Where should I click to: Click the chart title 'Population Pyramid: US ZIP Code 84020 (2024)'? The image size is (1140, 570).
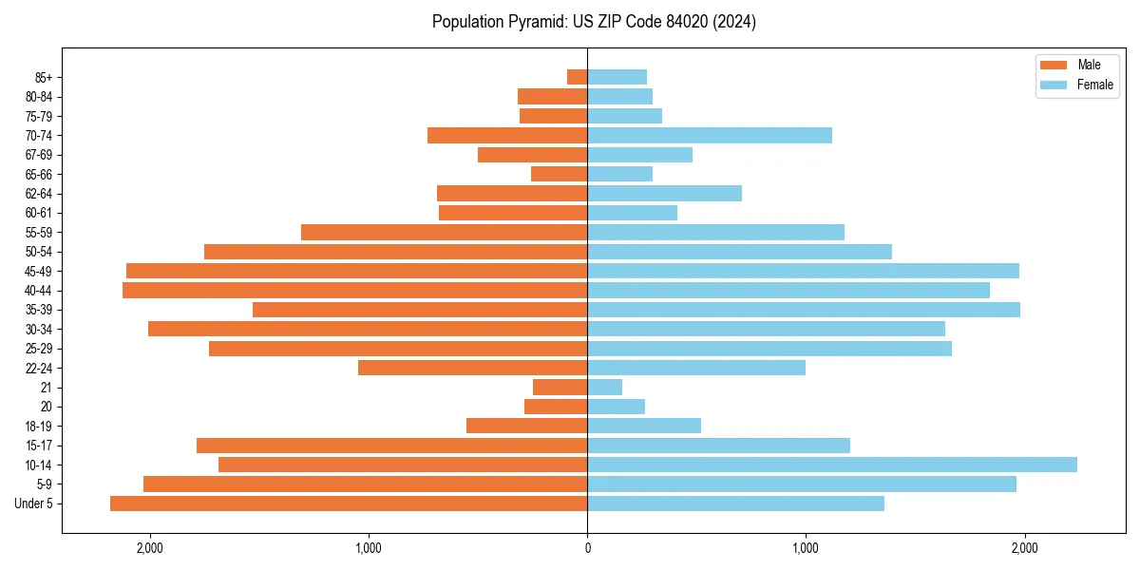594,22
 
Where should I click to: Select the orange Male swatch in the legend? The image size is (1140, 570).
1054,65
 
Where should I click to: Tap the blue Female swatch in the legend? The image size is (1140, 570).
1054,85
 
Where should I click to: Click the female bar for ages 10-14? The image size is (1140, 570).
832,465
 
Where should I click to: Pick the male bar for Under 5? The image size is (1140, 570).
349,503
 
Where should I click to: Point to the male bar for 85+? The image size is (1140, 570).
578,77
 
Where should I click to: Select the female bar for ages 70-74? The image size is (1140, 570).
710,135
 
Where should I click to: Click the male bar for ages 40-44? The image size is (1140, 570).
355,290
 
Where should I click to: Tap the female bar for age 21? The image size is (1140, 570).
605,387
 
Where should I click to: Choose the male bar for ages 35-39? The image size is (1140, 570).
420,310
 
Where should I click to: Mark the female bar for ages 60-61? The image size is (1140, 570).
633,213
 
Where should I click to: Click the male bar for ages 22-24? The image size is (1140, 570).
473,368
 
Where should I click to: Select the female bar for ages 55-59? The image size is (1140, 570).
716,232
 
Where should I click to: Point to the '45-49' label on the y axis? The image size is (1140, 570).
38,271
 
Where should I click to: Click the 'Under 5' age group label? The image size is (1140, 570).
34,503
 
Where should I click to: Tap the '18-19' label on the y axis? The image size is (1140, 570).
38,426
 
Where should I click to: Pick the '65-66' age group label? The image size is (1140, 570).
38,174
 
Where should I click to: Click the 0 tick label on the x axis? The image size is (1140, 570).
587,548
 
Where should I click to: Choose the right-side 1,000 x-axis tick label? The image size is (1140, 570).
806,548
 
